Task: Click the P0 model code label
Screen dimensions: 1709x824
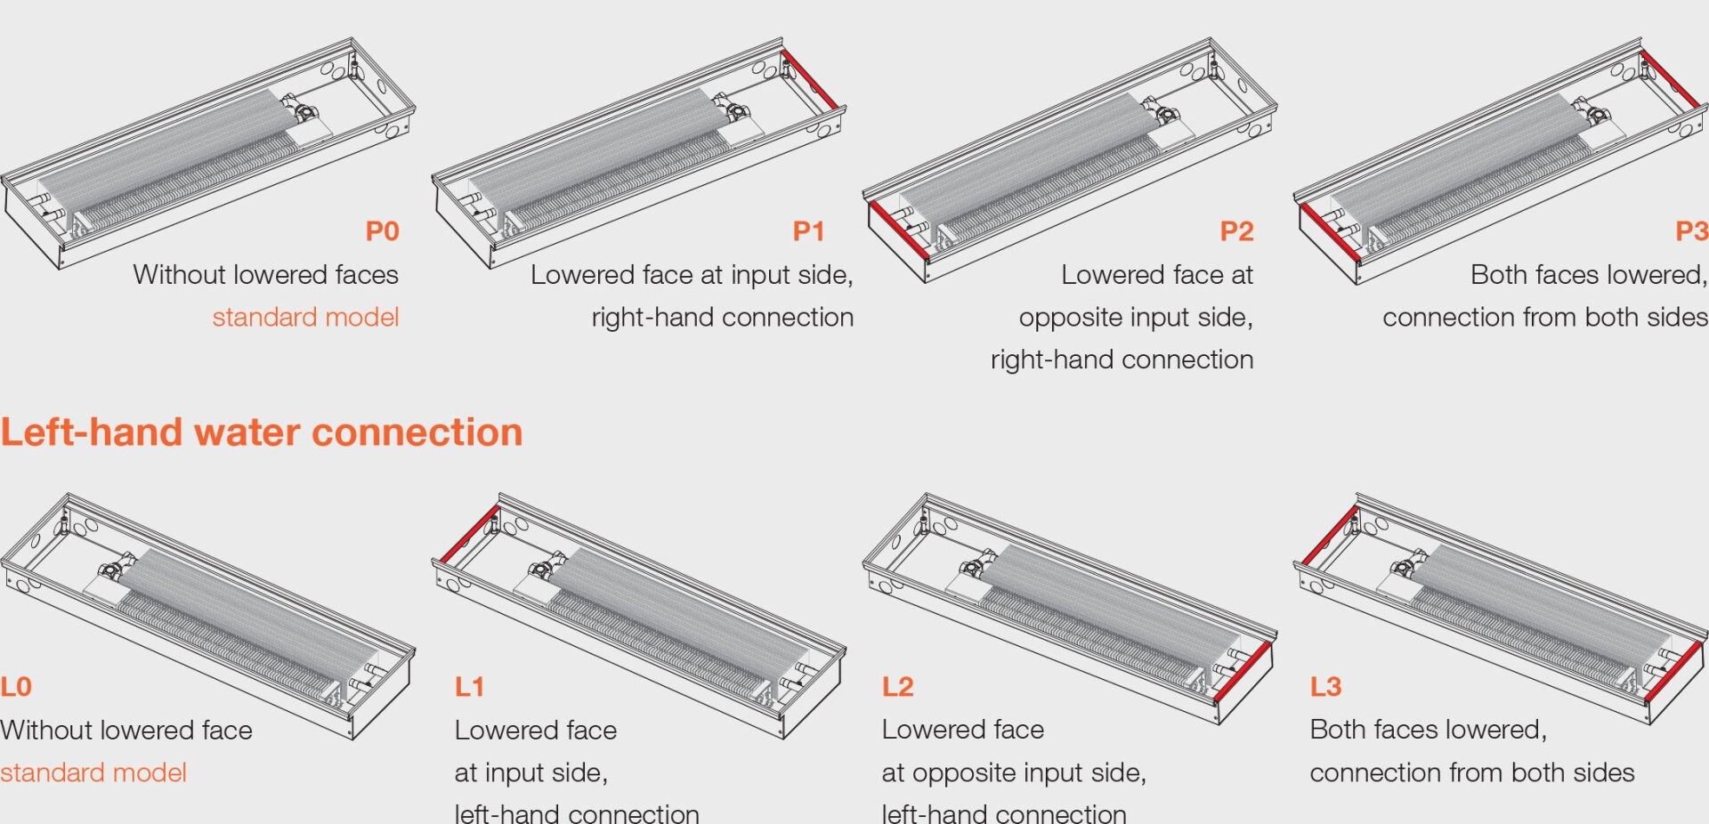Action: click(x=383, y=231)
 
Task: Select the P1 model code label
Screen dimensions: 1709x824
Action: click(x=809, y=231)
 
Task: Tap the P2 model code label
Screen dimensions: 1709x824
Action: click(x=1236, y=231)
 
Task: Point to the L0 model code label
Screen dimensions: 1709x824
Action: click(x=16, y=687)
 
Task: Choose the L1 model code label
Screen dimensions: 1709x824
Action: click(x=469, y=687)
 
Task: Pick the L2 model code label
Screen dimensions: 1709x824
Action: click(x=898, y=687)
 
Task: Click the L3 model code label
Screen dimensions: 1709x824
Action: click(x=1325, y=687)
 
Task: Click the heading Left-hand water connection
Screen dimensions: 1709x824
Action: click(x=262, y=432)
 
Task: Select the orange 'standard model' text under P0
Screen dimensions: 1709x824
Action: click(x=305, y=317)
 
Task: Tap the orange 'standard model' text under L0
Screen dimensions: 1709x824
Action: click(x=93, y=772)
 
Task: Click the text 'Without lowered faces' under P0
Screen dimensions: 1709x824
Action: click(x=266, y=275)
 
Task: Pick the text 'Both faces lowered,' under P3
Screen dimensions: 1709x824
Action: click(x=1589, y=275)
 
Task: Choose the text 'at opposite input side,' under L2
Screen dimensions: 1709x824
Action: click(x=1014, y=772)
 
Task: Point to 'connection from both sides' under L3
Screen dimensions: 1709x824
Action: click(x=1472, y=772)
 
